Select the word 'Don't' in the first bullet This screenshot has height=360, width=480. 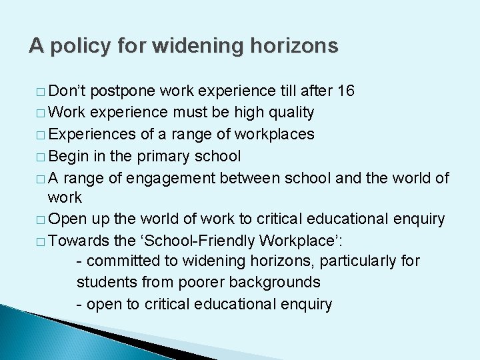point(67,91)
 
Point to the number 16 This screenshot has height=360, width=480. point(346,91)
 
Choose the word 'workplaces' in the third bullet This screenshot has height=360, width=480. point(278,134)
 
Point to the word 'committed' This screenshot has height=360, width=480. point(121,261)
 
